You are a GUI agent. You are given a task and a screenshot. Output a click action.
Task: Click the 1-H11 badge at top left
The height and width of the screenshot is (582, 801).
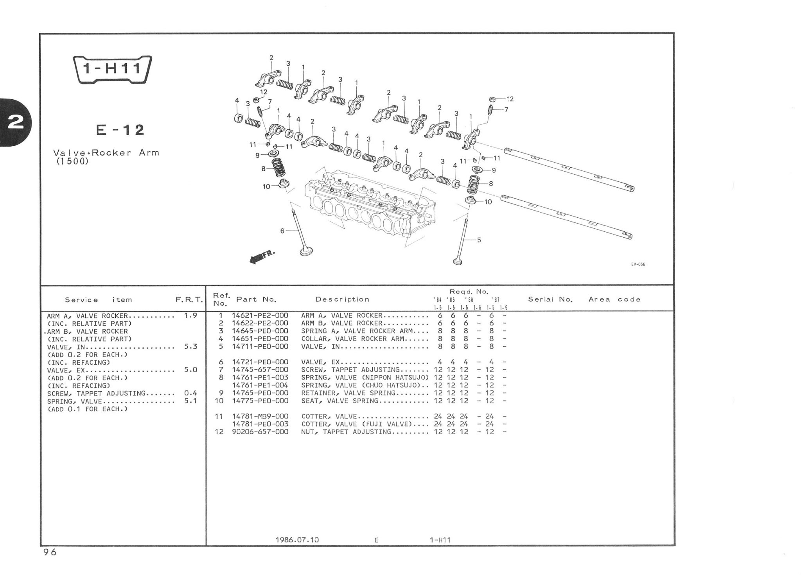112,69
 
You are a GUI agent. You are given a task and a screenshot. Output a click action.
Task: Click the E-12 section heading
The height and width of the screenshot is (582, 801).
120,130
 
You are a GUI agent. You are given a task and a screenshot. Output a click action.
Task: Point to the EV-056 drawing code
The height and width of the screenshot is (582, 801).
638,265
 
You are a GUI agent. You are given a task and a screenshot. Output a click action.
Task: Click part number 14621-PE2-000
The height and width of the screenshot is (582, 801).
260,315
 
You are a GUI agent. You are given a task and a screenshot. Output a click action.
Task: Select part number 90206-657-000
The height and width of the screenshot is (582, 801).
260,432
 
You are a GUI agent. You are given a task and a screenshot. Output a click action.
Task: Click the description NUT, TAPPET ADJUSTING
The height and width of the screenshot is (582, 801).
346,432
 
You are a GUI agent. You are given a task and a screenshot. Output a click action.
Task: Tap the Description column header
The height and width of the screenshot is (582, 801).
342,299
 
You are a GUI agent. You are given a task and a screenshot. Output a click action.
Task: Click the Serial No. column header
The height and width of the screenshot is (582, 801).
550,299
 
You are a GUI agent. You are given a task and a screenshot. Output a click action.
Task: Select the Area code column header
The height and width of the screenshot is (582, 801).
614,299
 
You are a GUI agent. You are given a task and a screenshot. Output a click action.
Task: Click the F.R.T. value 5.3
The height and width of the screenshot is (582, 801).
190,347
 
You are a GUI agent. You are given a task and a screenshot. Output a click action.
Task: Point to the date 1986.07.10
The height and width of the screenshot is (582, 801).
297,540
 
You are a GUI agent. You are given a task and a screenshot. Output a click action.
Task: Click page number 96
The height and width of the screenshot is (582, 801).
50,552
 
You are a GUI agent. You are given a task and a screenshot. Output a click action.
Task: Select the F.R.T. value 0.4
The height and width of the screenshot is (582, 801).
190,393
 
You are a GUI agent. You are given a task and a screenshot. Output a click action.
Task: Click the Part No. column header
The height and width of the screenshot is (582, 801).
256,299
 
